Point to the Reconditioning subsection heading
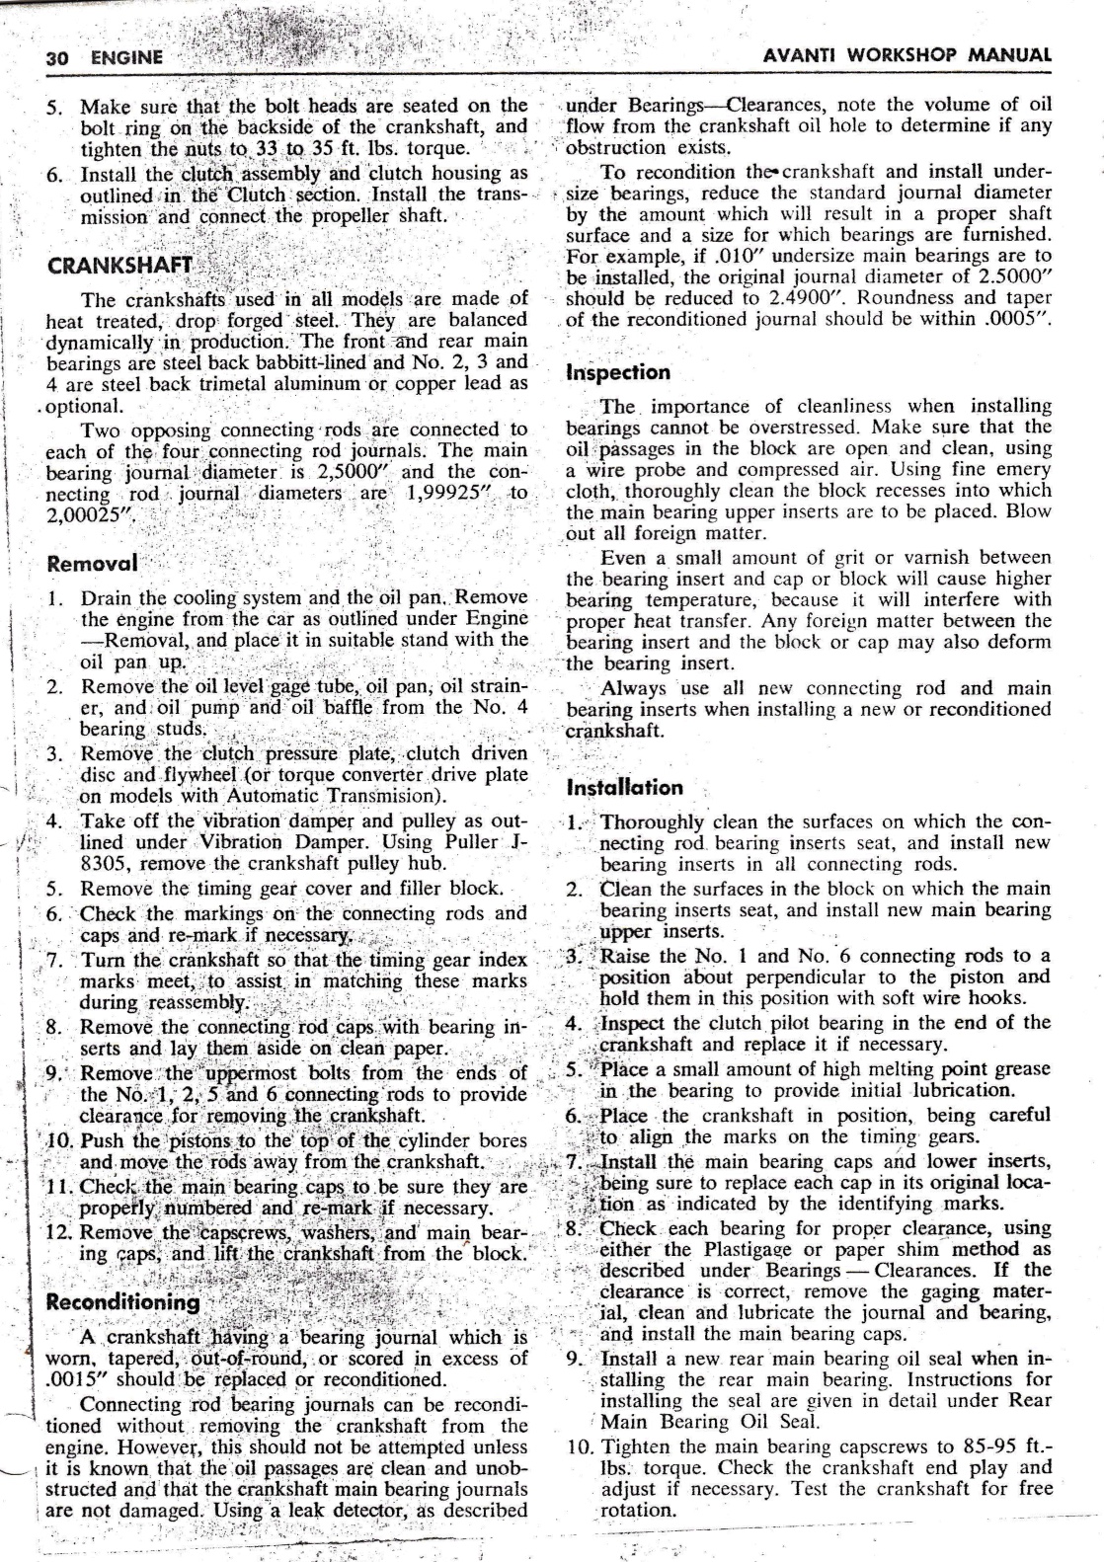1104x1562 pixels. coord(122,1301)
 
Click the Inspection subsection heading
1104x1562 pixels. coord(618,372)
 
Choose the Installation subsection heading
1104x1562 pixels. coord(624,788)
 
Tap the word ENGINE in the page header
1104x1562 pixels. coord(126,57)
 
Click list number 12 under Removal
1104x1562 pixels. coord(61,1233)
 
